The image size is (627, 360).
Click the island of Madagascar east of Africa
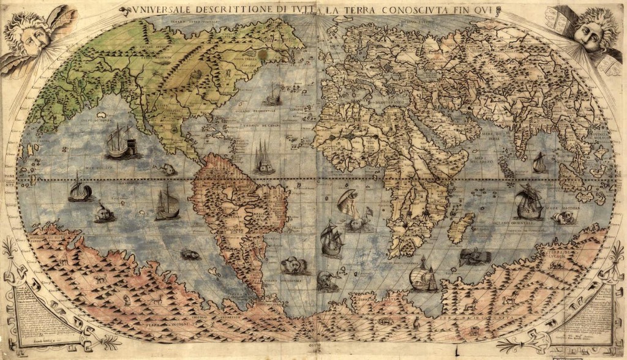(x=461, y=228)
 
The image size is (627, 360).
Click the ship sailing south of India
(x=539, y=163)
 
